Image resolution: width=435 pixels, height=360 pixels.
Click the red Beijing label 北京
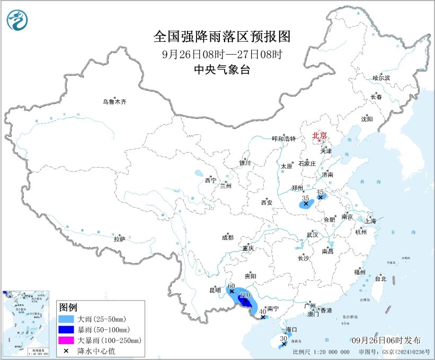pos(319,135)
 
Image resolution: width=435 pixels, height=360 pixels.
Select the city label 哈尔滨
pos(380,78)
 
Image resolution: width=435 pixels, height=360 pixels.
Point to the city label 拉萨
pos(119,239)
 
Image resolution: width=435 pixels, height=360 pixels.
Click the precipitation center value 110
pos(245,295)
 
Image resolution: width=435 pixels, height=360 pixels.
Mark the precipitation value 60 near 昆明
pos(231,286)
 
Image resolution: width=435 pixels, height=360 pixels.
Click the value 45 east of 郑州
pos(319,192)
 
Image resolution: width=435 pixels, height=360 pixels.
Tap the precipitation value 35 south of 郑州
pos(305,198)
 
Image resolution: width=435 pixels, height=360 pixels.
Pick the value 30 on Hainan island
pos(283,338)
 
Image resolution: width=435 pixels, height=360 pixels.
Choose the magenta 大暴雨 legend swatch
pos(67,340)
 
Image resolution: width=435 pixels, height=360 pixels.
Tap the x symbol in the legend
pos(67,350)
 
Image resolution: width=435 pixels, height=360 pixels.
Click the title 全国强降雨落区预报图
pos(222,37)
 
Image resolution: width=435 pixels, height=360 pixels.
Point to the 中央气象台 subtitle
pos(222,69)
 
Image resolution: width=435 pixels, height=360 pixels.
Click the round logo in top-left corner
pos(17,20)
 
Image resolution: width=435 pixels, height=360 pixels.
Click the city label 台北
pos(380,278)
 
